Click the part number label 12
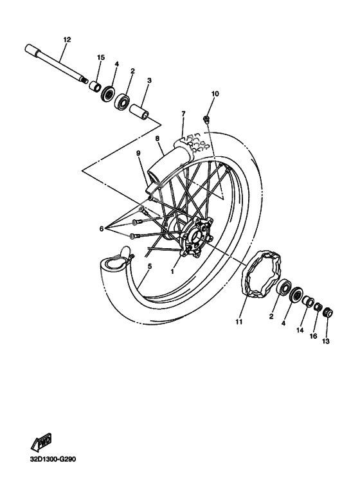[x=67, y=39]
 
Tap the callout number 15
[x=100, y=58]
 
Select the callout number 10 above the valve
[x=215, y=94]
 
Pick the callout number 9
[x=138, y=153]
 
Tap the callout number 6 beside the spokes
[x=101, y=228]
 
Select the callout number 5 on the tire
[x=149, y=266]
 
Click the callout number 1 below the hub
[x=172, y=271]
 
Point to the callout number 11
[x=239, y=321]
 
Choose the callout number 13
[x=326, y=341]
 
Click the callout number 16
[x=314, y=336]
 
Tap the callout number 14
[x=300, y=330]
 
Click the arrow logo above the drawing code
[x=42, y=443]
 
